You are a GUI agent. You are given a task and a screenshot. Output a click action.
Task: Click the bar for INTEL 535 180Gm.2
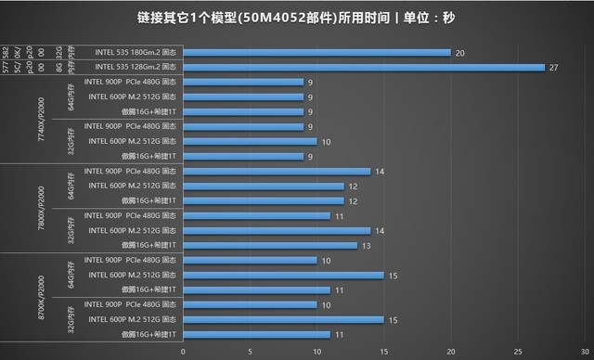316,53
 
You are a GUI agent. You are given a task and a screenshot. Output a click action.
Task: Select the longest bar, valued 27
364,68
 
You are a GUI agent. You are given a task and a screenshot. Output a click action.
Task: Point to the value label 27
553,68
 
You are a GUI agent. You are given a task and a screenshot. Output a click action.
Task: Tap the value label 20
459,53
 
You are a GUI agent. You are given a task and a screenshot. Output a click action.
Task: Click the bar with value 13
270,245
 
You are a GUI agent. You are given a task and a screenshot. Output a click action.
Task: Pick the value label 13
365,245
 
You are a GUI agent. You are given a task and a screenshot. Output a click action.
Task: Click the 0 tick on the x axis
183,353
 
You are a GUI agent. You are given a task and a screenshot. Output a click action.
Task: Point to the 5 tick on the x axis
251,353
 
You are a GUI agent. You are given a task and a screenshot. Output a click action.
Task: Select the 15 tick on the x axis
384,353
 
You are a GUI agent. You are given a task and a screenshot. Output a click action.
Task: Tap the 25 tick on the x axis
518,353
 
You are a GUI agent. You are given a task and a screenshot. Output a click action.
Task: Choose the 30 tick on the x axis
585,353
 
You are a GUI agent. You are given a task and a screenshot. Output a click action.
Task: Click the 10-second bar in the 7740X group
250,142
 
